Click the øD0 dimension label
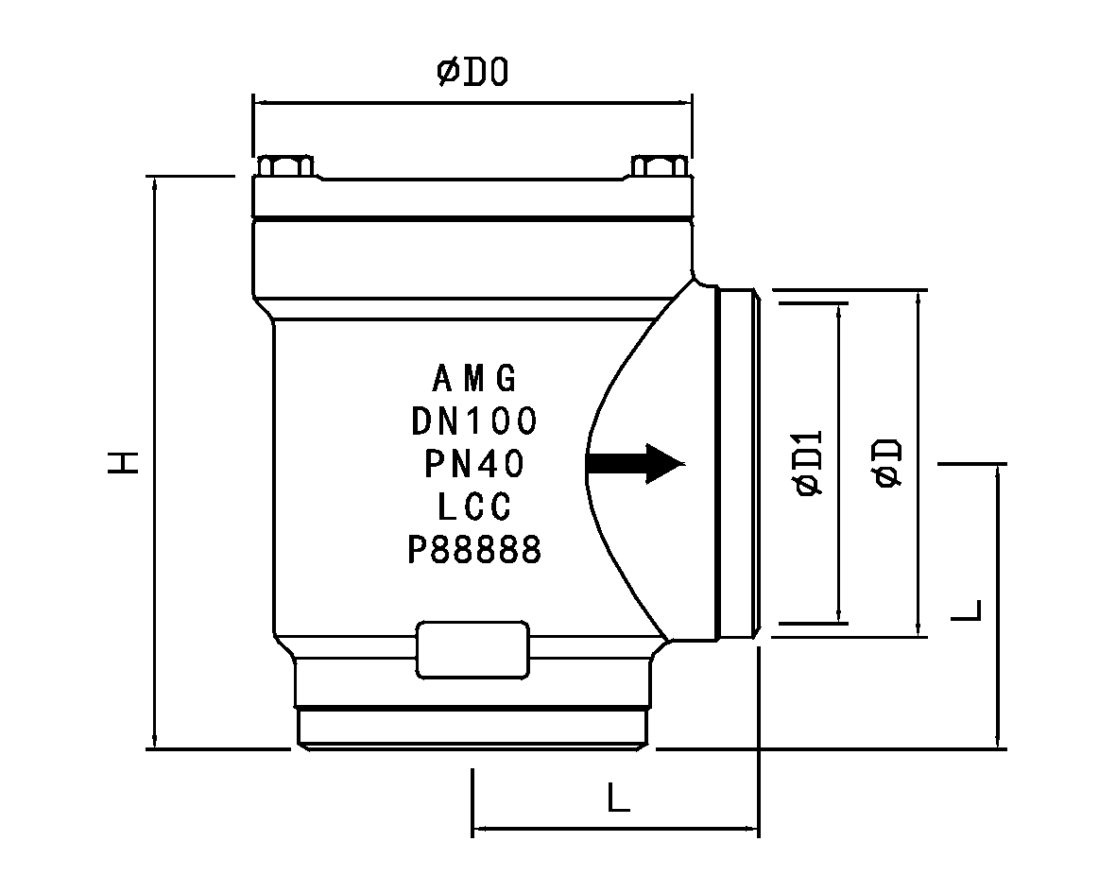click(472, 72)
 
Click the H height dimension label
click(123, 462)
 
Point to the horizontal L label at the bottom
click(619, 797)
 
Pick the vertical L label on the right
click(967, 610)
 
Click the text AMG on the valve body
click(474, 379)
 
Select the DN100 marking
click(474, 421)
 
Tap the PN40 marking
click(474, 464)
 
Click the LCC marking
click(474, 507)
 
